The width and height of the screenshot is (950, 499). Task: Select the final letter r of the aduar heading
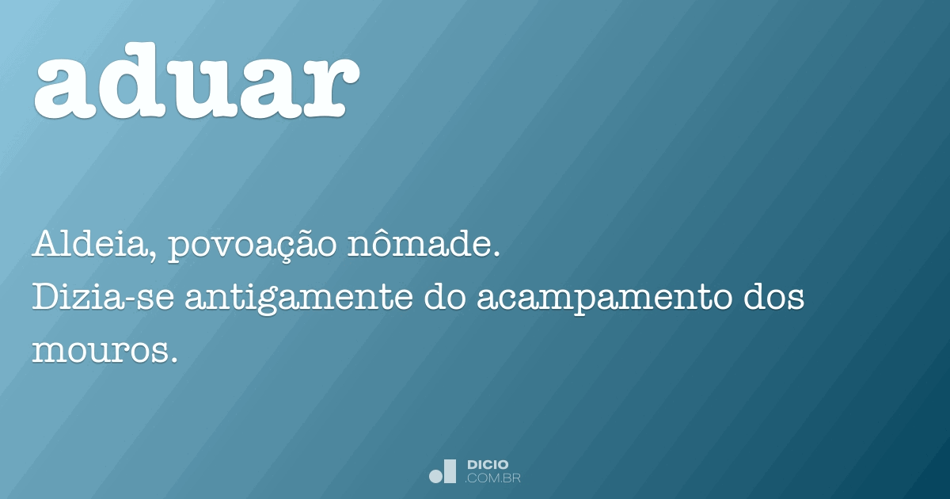pyautogui.click(x=322, y=86)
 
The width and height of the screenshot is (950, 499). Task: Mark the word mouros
pyautogui.click(x=99, y=350)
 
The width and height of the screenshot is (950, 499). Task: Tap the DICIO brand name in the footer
pyautogui.click(x=488, y=464)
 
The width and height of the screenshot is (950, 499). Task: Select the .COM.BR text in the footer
pyautogui.click(x=493, y=478)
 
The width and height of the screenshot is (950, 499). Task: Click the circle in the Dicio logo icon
pyautogui.click(x=435, y=476)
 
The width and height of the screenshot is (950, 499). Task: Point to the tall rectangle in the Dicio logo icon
pyautogui.click(x=450, y=471)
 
